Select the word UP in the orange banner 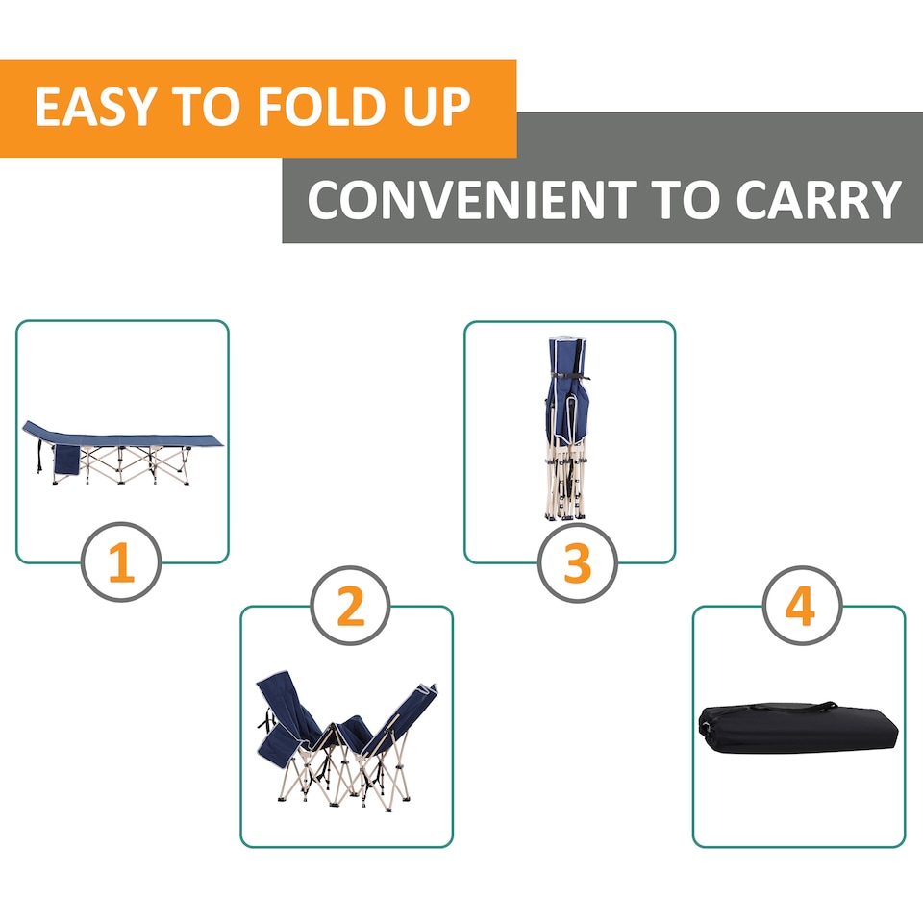coord(437,109)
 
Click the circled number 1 coord(121,564)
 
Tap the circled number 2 coord(351,608)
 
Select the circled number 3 coord(577,564)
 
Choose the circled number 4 coord(801,608)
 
